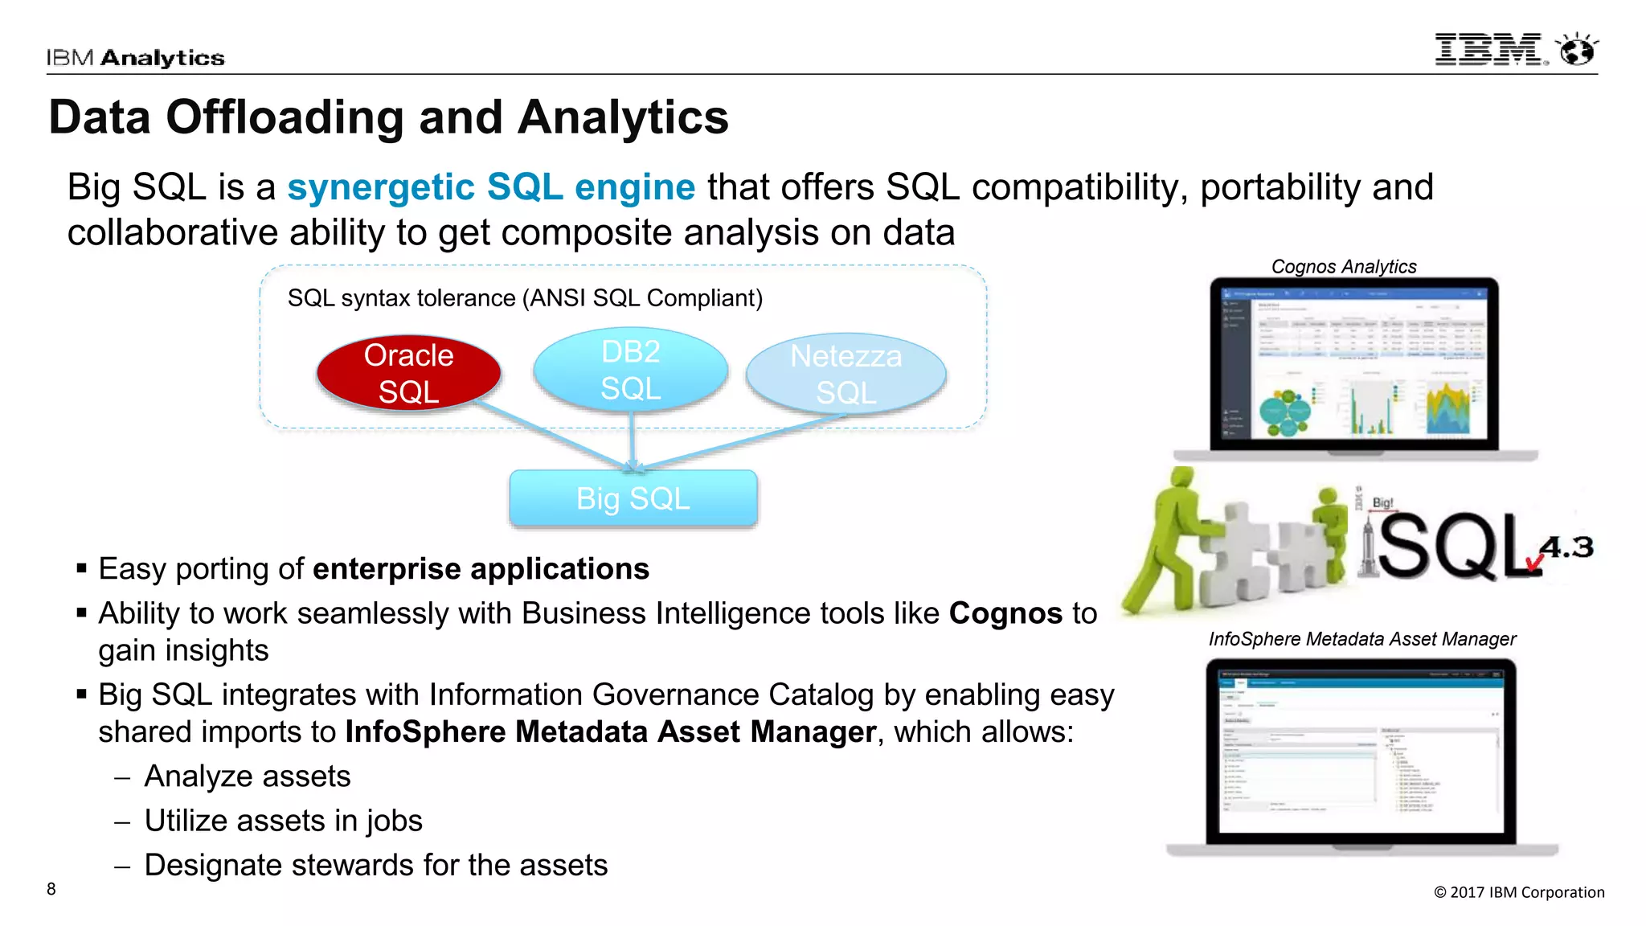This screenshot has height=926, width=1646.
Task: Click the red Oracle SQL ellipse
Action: click(408, 373)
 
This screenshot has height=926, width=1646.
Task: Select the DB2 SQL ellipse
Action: click(631, 370)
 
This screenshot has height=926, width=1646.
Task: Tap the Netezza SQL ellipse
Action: click(846, 374)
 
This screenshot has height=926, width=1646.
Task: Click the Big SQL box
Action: click(633, 498)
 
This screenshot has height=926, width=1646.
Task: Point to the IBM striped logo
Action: click(1489, 50)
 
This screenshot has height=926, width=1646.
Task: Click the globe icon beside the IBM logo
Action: click(1577, 50)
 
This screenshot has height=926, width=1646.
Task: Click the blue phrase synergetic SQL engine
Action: click(491, 187)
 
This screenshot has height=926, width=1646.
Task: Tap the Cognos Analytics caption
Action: click(1343, 266)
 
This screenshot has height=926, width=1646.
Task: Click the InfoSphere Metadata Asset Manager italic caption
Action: click(1361, 639)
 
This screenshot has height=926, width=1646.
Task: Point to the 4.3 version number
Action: click(1566, 547)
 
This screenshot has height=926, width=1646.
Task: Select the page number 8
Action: click(51, 889)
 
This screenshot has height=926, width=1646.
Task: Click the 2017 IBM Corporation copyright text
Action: click(1519, 892)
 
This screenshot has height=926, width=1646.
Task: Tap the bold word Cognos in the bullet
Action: click(1005, 613)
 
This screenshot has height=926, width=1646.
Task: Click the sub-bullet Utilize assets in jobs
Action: click(283, 821)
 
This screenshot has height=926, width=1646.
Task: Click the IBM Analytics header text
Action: click(135, 58)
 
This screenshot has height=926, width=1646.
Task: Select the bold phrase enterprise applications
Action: click(481, 569)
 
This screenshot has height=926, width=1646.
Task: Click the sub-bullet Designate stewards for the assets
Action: click(375, 865)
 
